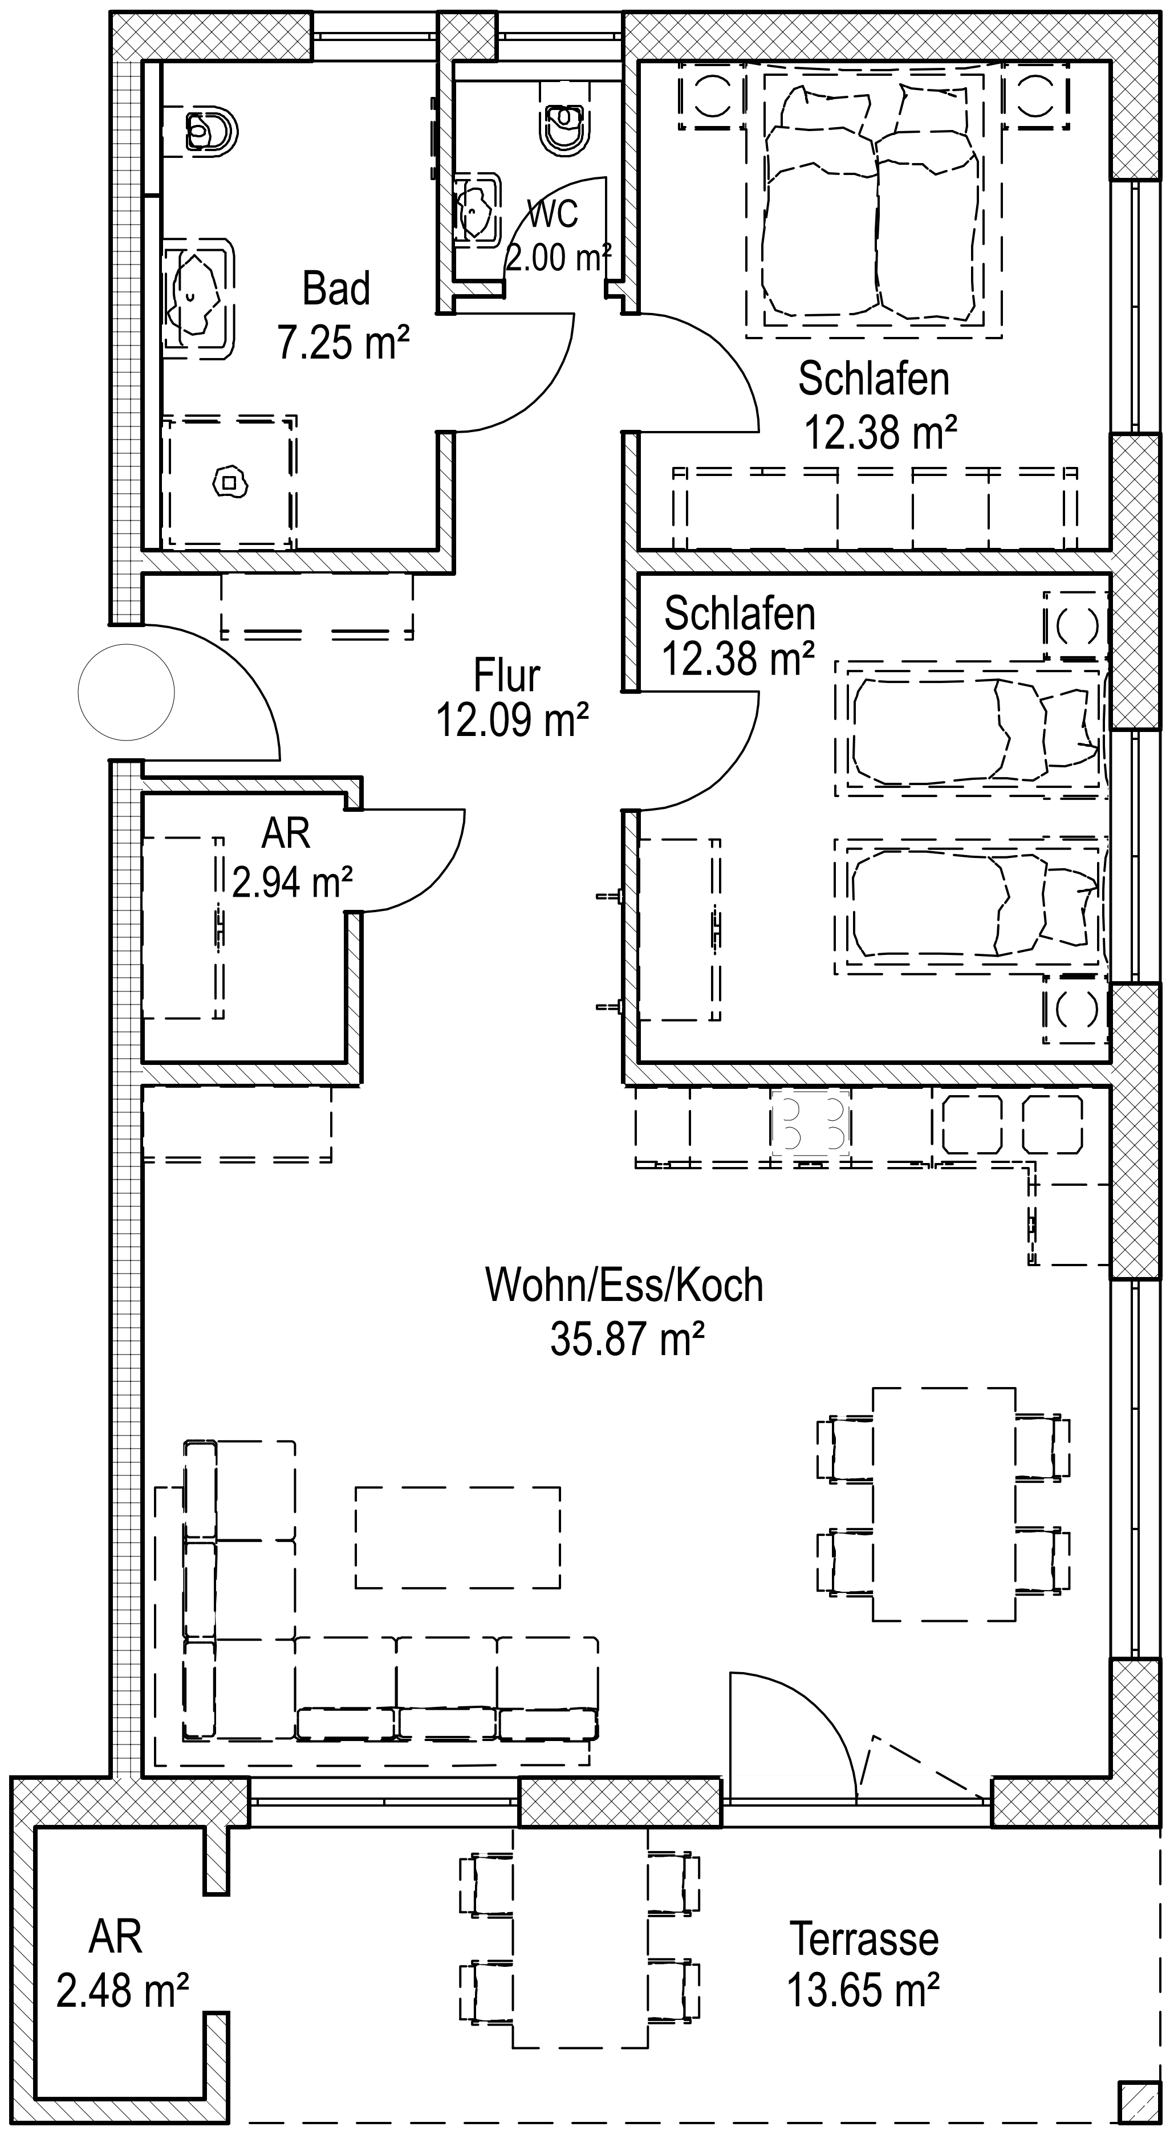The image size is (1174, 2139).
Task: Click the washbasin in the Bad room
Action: (198, 298)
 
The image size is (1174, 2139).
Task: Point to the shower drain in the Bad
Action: (231, 482)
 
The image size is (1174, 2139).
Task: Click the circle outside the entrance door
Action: (126, 692)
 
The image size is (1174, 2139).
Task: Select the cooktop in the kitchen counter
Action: (810, 1123)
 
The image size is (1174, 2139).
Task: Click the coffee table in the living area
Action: (457, 1537)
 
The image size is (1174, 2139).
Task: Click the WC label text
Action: (553, 214)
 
